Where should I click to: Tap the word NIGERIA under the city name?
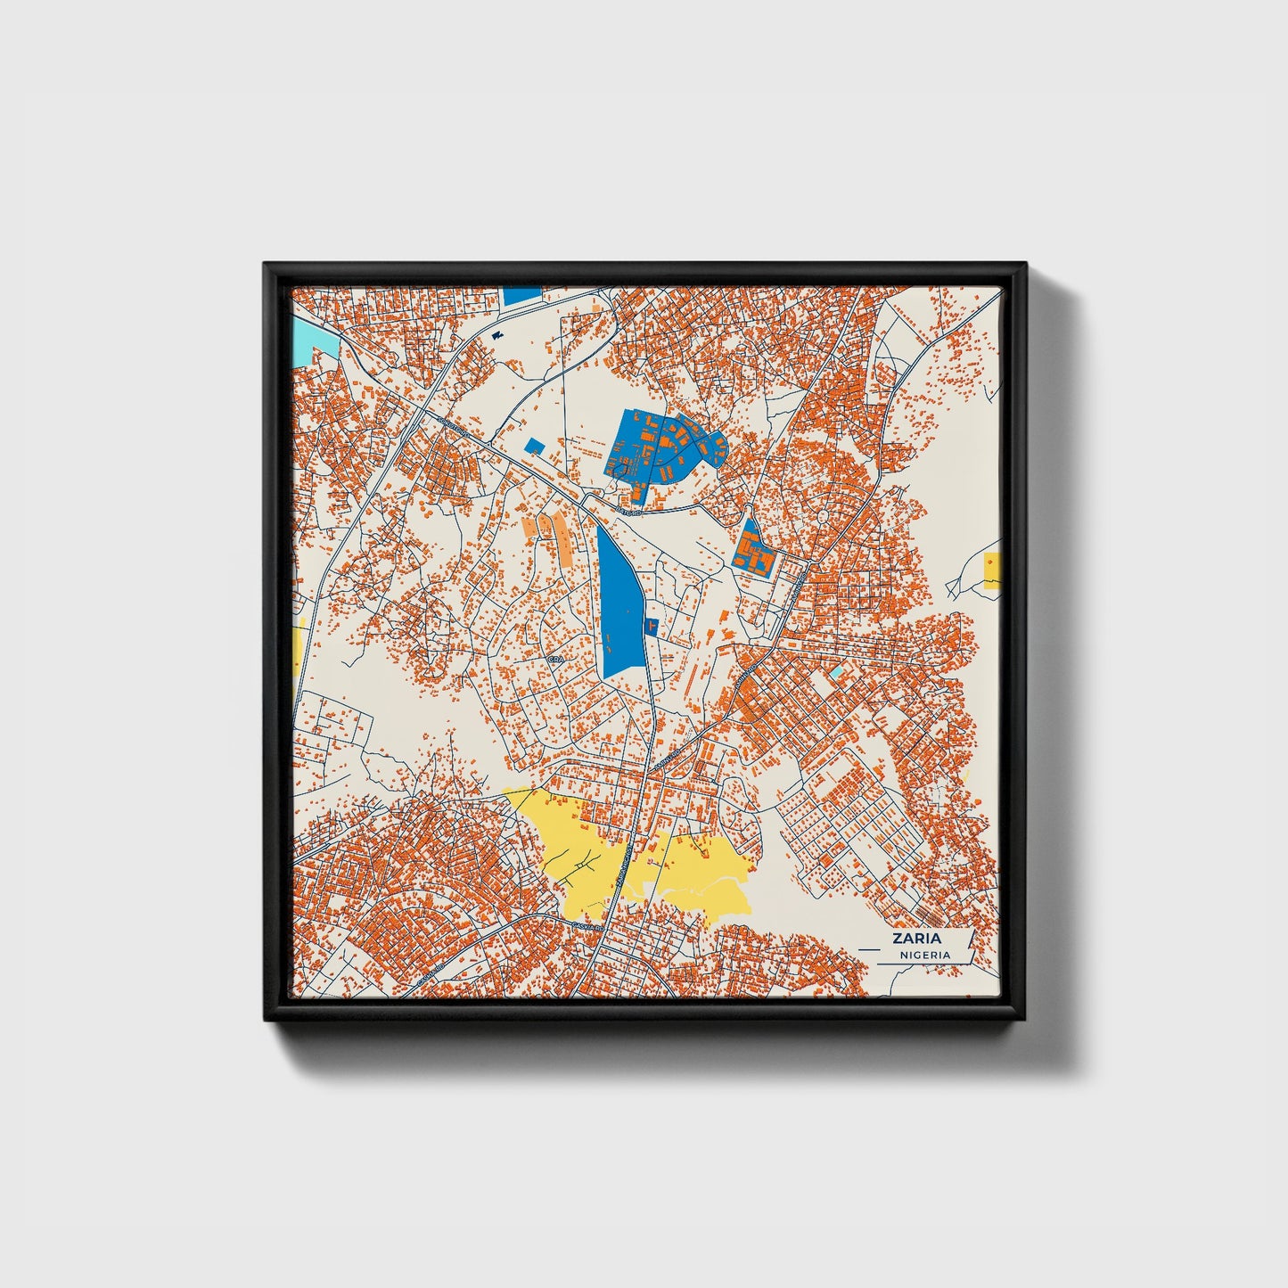point(924,955)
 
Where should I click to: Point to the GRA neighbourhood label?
point(555,660)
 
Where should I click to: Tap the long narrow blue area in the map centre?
point(619,606)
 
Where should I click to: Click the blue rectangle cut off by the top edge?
point(521,295)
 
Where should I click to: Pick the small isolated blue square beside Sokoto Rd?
point(534,446)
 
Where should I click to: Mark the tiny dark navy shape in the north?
point(496,335)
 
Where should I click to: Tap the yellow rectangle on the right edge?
point(992,570)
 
